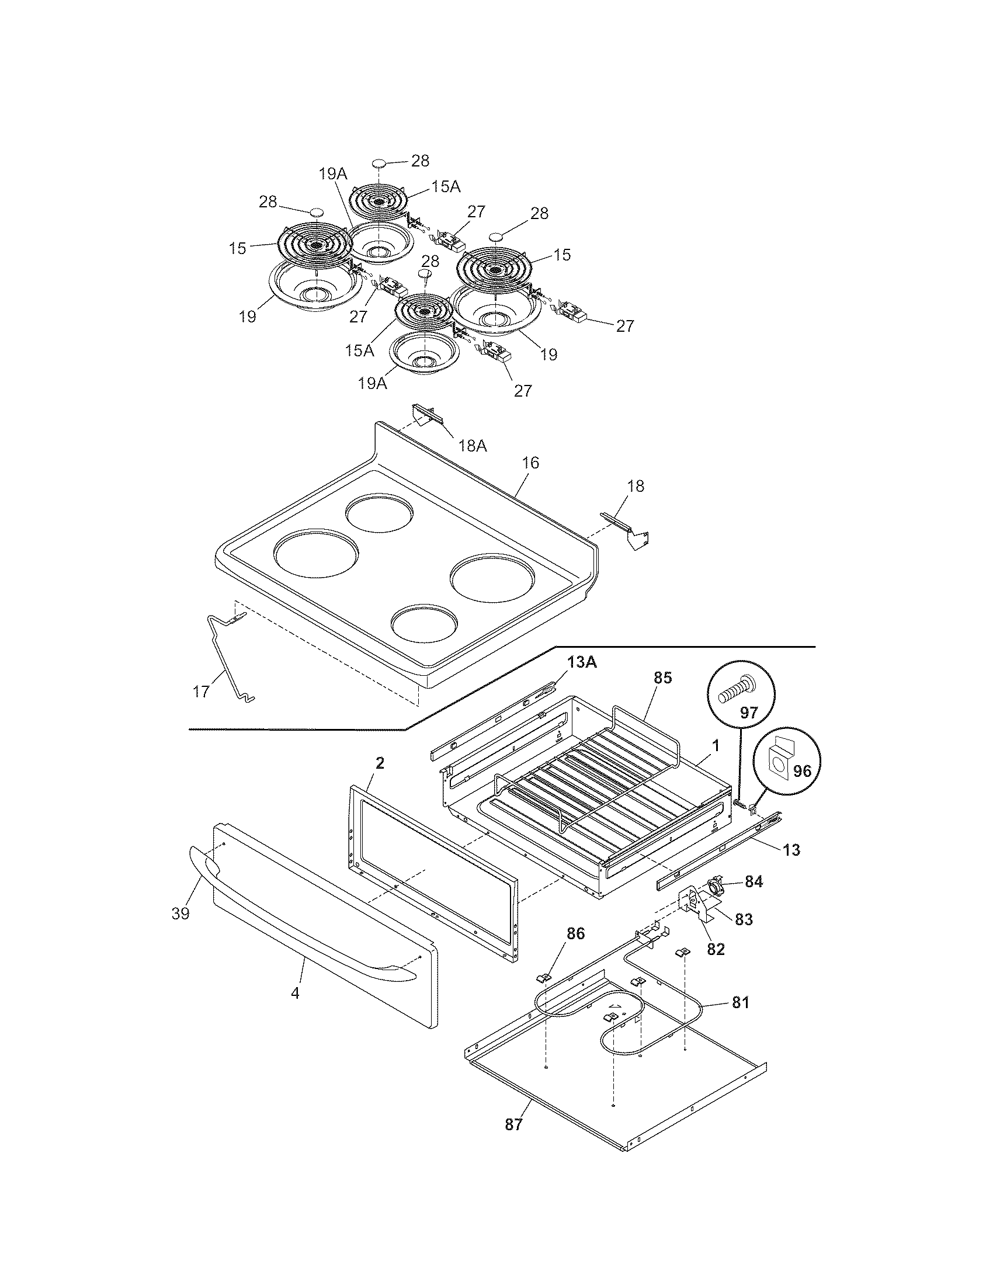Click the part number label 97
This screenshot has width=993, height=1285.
[748, 713]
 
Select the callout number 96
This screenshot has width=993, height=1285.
[802, 772]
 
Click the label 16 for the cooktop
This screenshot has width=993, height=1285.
[530, 463]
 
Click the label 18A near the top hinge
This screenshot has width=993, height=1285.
[473, 446]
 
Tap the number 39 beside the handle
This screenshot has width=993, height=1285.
[180, 913]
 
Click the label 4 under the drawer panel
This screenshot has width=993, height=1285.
[296, 993]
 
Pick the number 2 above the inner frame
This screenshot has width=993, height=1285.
[380, 764]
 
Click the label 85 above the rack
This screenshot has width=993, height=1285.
[662, 678]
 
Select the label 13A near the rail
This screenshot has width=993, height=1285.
[582, 662]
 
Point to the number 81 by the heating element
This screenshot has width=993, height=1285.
[741, 1002]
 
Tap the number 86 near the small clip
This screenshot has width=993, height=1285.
[576, 933]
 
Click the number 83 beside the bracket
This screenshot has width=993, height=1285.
[744, 919]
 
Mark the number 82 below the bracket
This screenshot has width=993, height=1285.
[716, 949]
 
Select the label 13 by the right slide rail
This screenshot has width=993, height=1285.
[792, 850]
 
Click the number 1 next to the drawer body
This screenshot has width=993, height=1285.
[716, 745]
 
